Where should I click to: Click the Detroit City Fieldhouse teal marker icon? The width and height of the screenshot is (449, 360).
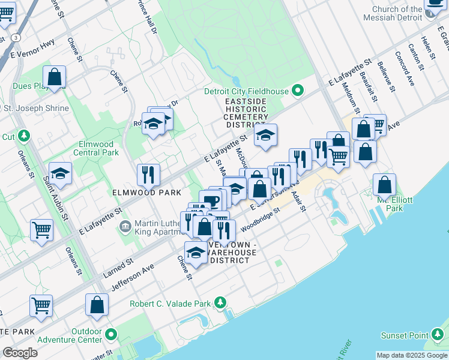click(x=297, y=91)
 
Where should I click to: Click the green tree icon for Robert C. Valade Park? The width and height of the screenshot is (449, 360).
click(x=221, y=302)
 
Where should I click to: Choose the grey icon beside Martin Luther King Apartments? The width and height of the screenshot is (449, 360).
click(x=125, y=226)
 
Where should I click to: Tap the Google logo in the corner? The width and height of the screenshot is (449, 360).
click(x=20, y=353)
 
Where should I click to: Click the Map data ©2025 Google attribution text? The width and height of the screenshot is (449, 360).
click(x=412, y=355)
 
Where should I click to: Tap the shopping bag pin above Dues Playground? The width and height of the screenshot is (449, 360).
click(x=54, y=77)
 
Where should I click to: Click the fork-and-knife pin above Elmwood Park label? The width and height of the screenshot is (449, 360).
click(x=148, y=175)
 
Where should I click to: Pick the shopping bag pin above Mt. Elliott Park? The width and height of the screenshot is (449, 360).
click(x=384, y=184)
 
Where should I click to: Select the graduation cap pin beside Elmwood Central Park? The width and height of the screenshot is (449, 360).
click(x=60, y=173)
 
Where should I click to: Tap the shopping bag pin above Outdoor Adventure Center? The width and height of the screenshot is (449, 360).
click(x=97, y=305)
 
